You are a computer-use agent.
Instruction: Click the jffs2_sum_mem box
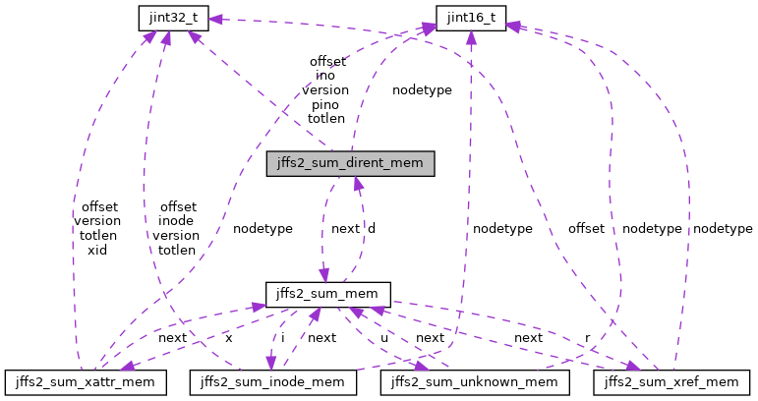pos(328,294)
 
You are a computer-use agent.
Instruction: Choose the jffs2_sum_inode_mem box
pos(272,379)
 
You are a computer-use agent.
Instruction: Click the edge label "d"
pos(372,228)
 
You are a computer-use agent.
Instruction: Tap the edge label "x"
pos(228,337)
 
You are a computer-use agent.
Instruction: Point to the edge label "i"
pos(283,337)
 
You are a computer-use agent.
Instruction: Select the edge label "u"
pos(384,337)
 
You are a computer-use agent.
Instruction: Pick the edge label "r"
pos(588,337)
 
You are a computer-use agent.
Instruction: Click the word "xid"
pos(96,250)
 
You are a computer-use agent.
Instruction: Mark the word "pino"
pos(325,103)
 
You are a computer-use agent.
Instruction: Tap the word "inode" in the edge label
pos(176,221)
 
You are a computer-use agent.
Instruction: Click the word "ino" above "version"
pos(325,75)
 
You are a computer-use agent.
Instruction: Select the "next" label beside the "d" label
pos(345,228)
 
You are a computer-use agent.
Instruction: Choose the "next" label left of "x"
pos(172,337)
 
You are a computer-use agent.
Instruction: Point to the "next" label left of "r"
pos(528,337)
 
